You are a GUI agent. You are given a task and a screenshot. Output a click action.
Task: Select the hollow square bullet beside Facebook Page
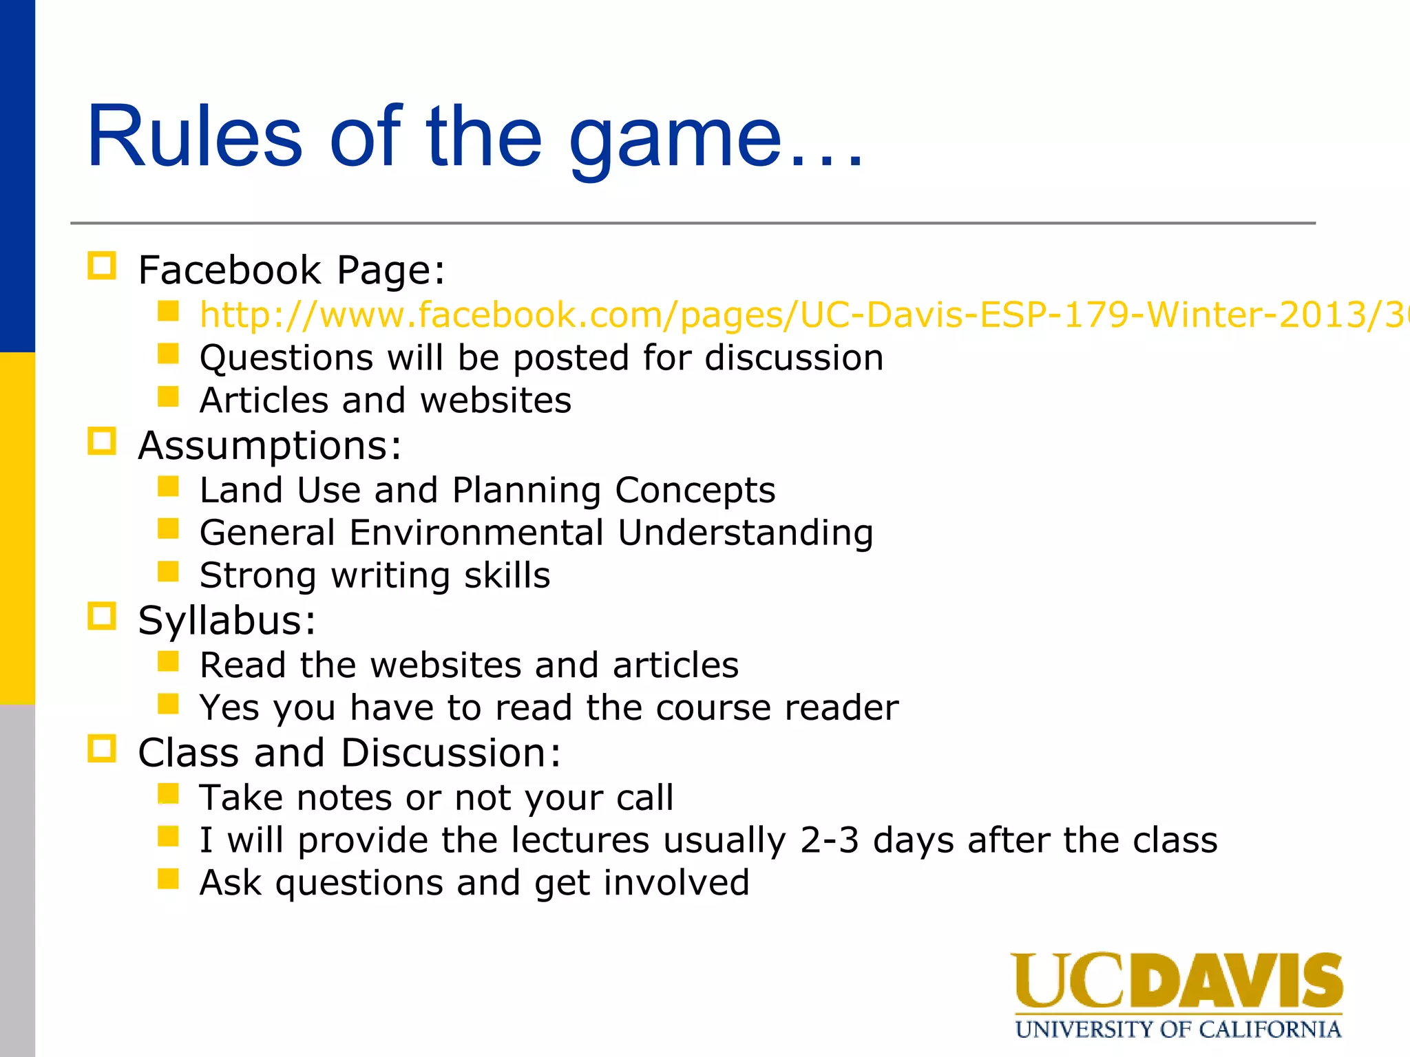pyautogui.click(x=102, y=266)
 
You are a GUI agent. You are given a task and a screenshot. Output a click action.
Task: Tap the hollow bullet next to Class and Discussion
pyautogui.click(x=102, y=749)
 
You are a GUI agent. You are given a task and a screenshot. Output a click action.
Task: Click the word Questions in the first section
pyautogui.click(x=286, y=358)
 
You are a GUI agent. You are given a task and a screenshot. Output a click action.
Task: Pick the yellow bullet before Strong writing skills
pyautogui.click(x=168, y=572)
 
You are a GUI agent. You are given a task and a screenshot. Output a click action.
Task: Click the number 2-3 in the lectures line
pyautogui.click(x=829, y=840)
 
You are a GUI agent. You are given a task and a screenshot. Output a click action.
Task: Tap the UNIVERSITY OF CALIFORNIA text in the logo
pyautogui.click(x=1177, y=1029)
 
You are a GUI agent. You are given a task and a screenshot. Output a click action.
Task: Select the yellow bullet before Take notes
pyautogui.click(x=168, y=794)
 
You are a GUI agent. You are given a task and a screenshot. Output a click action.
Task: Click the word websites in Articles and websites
pyautogui.click(x=495, y=401)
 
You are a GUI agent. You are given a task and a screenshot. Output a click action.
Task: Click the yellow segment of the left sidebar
pyautogui.click(x=17, y=528)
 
